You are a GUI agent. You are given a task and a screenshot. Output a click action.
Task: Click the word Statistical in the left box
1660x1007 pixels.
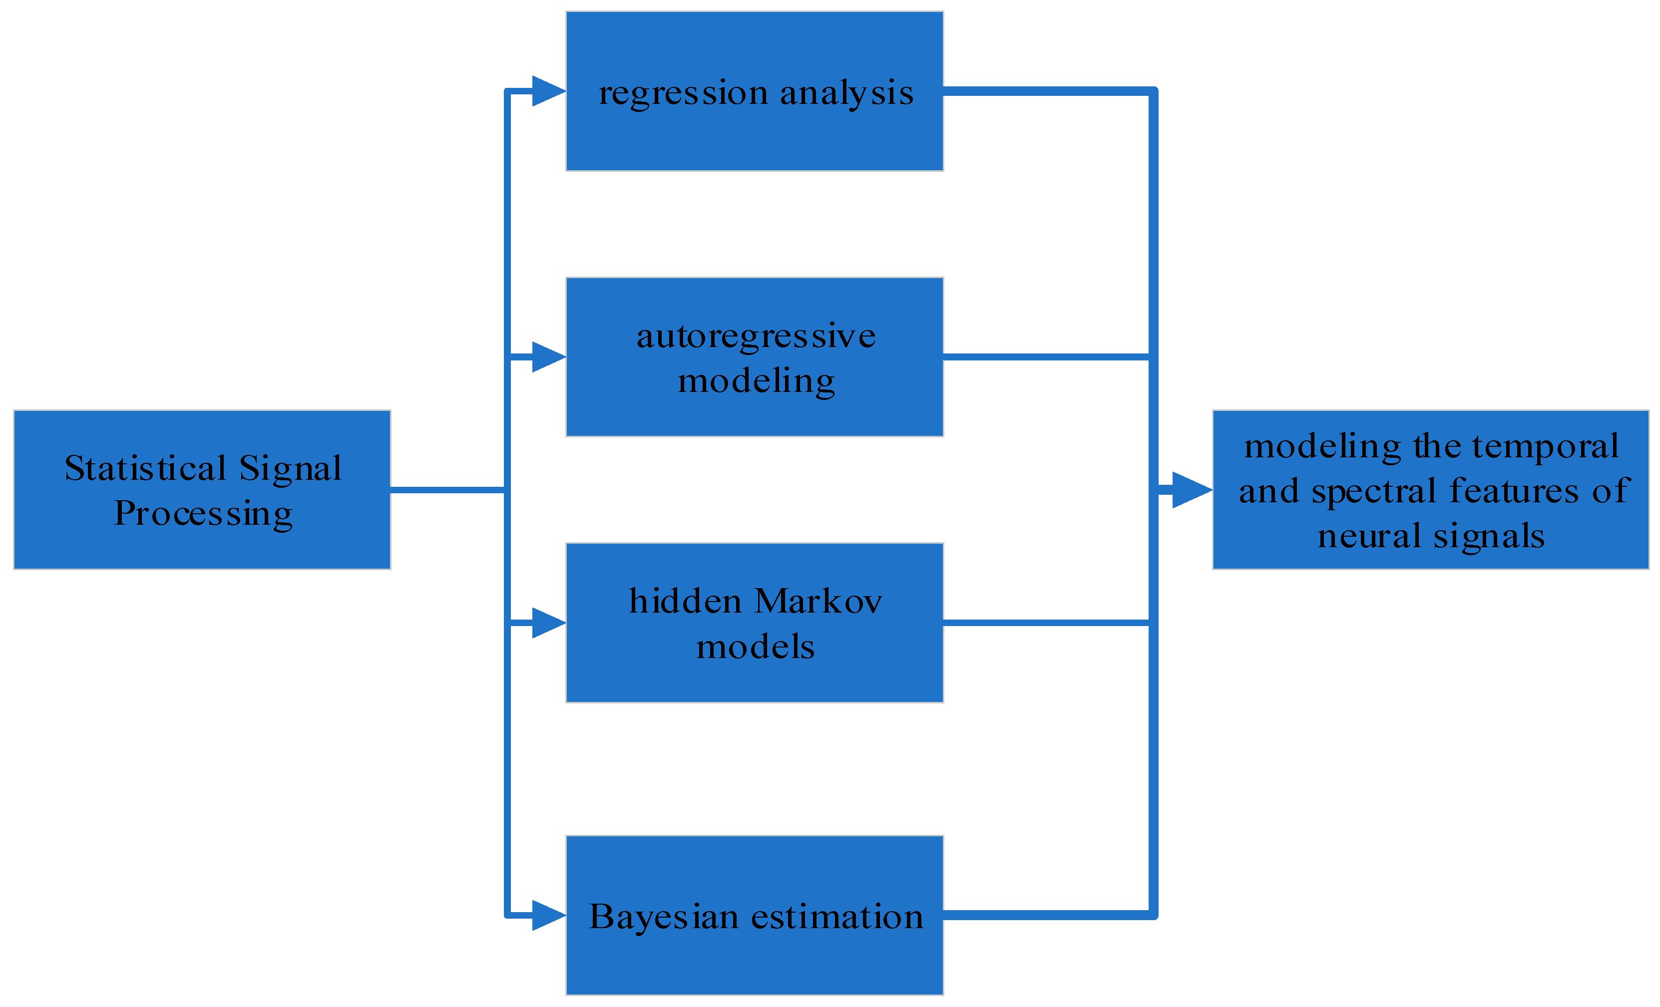pos(145,468)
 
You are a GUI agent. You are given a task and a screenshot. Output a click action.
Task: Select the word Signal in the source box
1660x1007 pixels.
pos(290,468)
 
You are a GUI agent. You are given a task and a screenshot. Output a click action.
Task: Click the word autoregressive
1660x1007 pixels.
pos(756,336)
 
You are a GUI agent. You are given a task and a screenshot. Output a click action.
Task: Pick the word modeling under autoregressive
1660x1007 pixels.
pos(756,382)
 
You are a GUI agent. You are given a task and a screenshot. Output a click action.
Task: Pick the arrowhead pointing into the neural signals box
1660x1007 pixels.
pos(1191,490)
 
